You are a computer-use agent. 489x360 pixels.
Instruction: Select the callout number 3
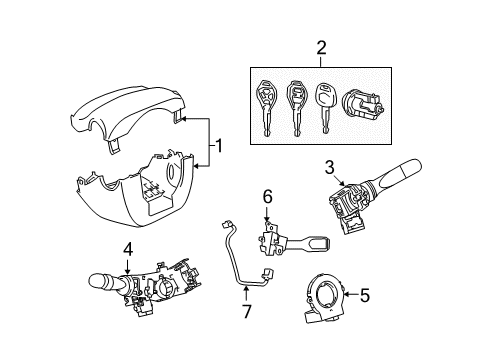(x=328, y=167)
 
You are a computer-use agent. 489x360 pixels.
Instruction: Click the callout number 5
(x=364, y=295)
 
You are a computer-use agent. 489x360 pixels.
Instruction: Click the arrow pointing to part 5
(x=350, y=295)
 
